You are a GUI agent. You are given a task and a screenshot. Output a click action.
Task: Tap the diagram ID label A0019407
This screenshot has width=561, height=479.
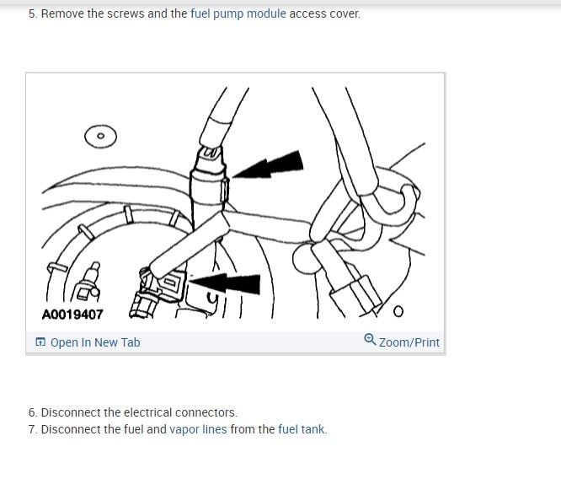point(72,315)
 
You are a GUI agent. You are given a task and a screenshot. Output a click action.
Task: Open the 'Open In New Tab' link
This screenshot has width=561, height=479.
point(95,342)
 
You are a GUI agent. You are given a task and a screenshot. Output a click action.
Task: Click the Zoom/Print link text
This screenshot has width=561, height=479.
point(409,342)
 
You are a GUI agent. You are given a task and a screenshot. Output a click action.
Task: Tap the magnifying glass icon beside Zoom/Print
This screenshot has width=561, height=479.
point(370,340)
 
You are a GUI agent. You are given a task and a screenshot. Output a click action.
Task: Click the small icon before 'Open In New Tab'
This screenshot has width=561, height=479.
point(40,342)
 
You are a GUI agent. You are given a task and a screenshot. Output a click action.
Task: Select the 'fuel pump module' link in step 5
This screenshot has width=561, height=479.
point(238,13)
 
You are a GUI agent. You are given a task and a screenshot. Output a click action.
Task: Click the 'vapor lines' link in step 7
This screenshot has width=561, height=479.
point(198,429)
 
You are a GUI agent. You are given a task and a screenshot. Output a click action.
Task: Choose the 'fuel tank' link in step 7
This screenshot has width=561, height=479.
point(301,429)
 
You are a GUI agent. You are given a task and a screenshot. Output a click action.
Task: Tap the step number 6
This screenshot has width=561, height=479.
point(32,412)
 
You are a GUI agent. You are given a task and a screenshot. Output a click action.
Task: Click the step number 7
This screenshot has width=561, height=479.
point(32,429)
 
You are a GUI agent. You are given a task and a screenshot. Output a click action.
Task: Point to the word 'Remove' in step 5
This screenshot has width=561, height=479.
point(61,13)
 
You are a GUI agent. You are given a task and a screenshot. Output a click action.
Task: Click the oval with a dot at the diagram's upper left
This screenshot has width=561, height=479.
point(100,136)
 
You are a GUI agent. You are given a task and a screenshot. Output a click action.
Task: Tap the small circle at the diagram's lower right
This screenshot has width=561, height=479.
point(398,311)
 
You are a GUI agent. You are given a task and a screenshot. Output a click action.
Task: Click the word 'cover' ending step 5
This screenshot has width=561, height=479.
point(343,13)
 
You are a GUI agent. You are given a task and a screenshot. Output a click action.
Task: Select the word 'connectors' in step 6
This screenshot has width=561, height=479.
point(206,412)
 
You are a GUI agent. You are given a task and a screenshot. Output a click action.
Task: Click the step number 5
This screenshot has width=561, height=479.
point(32,13)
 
